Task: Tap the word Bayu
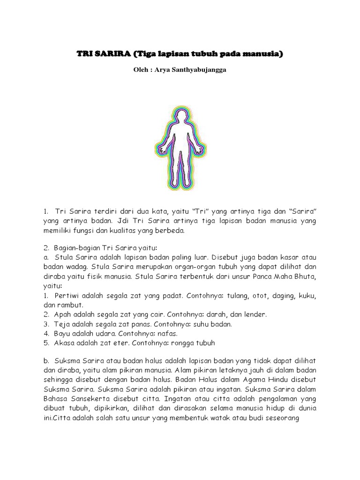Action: click(x=65, y=333)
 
